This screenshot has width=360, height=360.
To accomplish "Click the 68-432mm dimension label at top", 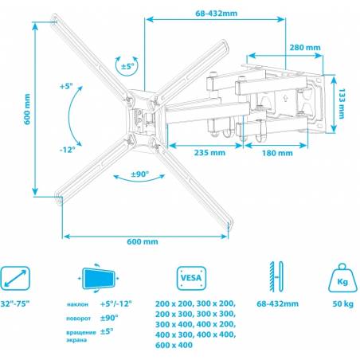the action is [x=216, y=14].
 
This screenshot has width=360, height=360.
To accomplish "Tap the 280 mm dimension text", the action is [x=305, y=48].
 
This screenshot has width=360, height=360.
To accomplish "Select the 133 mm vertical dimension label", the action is [x=342, y=104].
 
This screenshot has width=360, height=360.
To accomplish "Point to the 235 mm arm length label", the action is [x=209, y=153].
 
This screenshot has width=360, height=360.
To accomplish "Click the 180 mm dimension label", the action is [x=277, y=153].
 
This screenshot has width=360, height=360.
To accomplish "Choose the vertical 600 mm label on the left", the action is [x=27, y=109].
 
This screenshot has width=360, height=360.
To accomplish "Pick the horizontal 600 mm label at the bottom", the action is [x=143, y=241].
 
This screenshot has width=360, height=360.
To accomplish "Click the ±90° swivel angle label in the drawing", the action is [x=140, y=174].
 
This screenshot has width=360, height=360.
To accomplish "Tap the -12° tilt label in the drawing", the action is [x=68, y=150].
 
